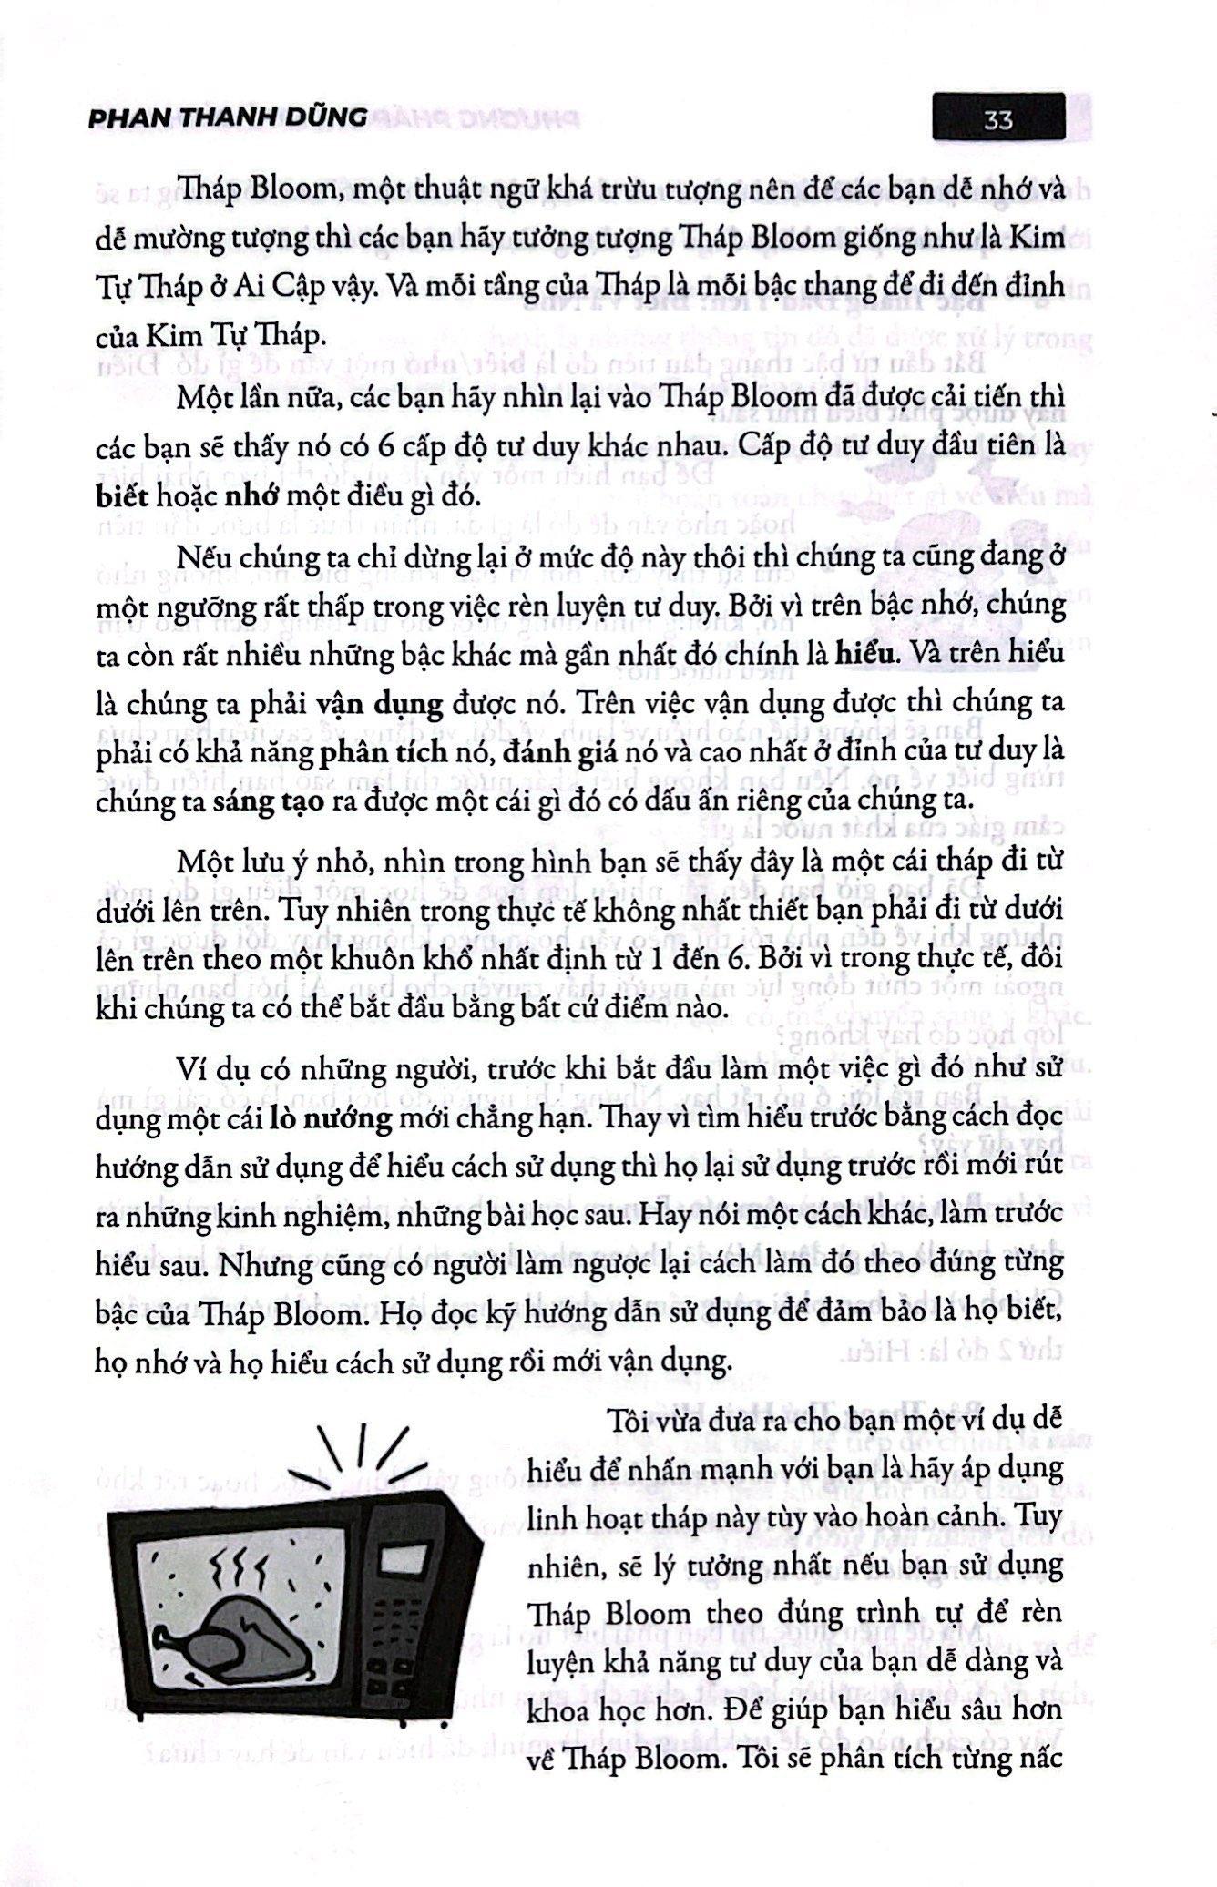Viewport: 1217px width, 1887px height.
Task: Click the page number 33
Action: click(x=998, y=119)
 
